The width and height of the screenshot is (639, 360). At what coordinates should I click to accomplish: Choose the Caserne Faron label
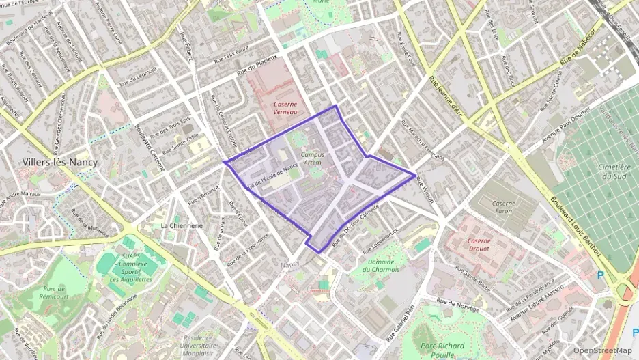point(505,207)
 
